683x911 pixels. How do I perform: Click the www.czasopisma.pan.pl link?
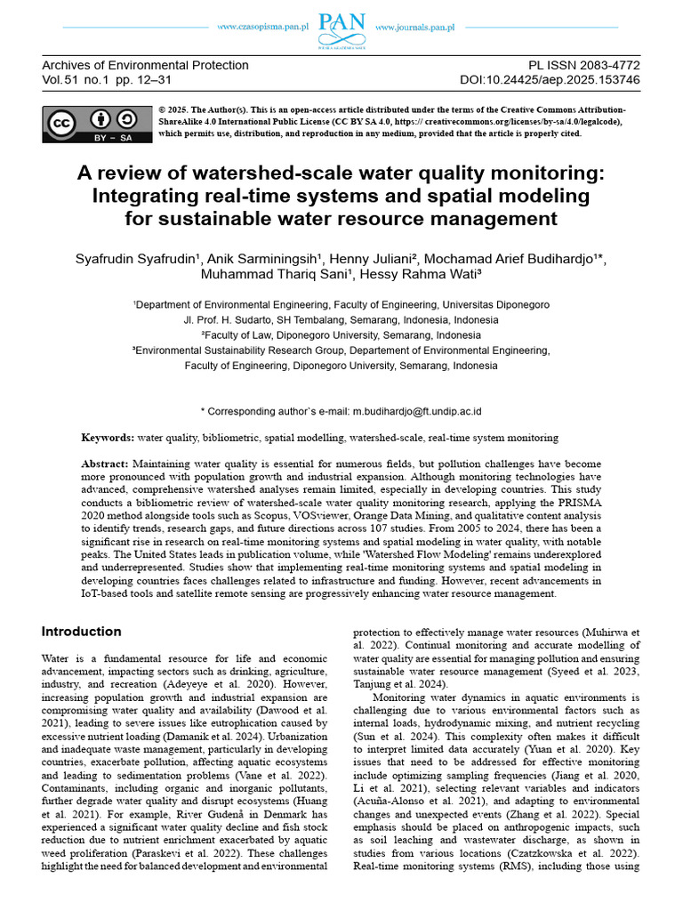pos(263,28)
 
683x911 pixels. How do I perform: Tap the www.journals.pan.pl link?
pos(415,28)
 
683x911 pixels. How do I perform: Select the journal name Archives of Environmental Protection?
pos(146,66)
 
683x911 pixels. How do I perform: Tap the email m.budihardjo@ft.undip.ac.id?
pos(417,412)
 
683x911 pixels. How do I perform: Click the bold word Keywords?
pos(108,439)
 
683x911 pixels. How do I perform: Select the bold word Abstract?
pos(104,464)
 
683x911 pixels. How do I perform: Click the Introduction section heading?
pos(82,632)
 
